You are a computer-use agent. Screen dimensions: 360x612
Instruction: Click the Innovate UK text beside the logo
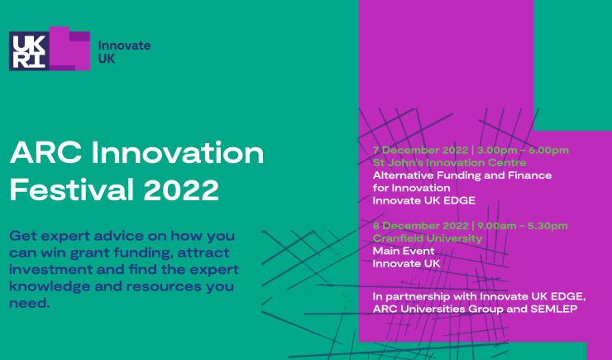coord(124,52)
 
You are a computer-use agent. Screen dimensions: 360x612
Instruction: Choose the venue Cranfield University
coord(426,238)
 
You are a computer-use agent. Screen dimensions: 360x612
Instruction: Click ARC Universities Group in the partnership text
coord(436,308)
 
